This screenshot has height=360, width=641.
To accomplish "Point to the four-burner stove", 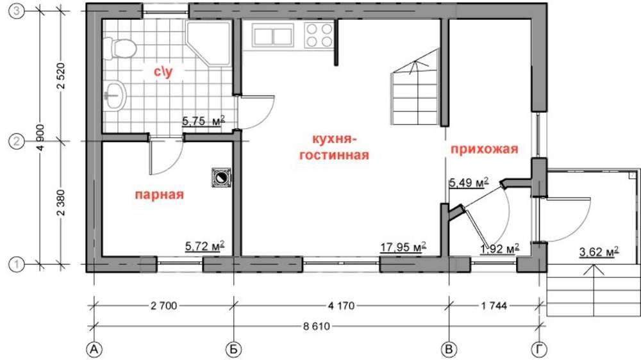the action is coord(319,35).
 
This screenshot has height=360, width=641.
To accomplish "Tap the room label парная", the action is coord(160,195).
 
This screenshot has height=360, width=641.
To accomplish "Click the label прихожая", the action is coord(485,149).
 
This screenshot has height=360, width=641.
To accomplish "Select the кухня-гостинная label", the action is coord(335,147).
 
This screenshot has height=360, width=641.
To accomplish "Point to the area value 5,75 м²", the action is coord(203,121).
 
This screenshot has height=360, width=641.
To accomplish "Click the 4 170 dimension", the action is coord(342,306).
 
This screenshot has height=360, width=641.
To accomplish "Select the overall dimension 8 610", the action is coord(316,327).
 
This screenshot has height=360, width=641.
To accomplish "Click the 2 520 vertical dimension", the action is coord(62,76).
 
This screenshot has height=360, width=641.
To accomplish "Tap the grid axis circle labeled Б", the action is coord(233,350).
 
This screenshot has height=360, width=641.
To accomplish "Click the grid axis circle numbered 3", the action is coord(17,12).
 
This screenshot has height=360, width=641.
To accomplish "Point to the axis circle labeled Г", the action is coord(540,350).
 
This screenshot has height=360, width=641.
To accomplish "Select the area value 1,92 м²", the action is coord(499,249).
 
